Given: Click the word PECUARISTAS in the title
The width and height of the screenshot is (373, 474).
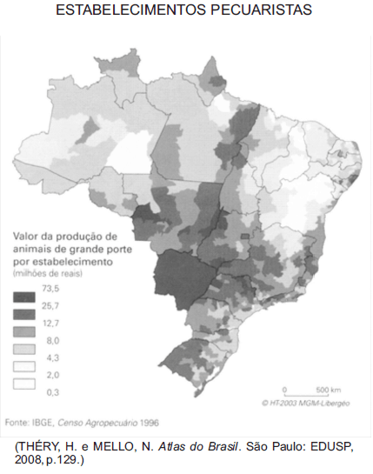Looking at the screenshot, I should (x=256, y=11).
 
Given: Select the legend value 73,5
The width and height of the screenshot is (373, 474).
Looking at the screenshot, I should (x=51, y=289).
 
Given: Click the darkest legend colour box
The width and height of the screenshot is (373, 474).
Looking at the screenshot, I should (x=23, y=297).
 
